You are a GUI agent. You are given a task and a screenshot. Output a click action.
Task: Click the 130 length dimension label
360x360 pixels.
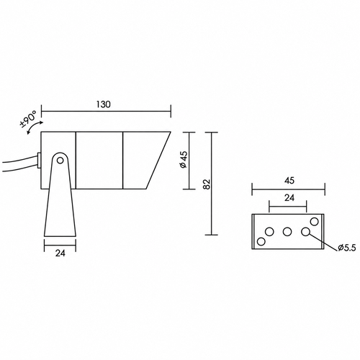tap(104, 104)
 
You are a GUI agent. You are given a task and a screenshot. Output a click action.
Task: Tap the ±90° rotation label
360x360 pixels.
tap(28, 119)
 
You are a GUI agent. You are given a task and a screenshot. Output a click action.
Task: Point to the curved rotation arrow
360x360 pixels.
tap(35, 127)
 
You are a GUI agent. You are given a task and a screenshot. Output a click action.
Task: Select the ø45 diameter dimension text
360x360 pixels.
tap(184, 160)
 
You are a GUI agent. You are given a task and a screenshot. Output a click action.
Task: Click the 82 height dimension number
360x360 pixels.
tap(207, 184)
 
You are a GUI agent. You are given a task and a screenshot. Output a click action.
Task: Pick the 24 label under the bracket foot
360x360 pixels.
tap(60, 253)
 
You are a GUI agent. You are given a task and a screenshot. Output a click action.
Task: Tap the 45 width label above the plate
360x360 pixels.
tap(289, 181)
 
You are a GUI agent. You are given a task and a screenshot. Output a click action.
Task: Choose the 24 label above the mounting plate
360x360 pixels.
tap(289, 198)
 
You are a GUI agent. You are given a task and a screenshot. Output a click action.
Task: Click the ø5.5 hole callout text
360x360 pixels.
tap(346, 248)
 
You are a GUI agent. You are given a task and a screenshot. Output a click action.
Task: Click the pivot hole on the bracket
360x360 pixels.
tap(60, 161)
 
